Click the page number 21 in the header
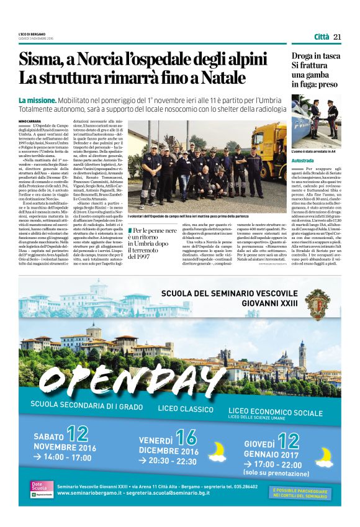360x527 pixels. point(338,37)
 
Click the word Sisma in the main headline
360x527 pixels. point(42,61)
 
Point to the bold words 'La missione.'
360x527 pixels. point(38,100)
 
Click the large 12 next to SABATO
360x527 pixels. point(78,433)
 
